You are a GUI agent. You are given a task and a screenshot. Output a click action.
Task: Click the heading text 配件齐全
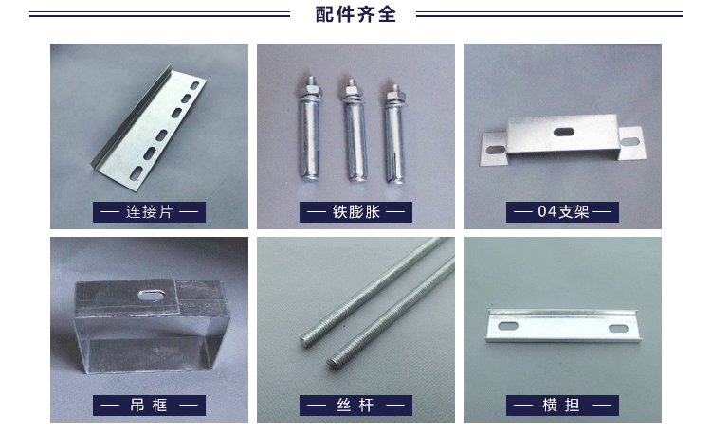pyautogui.click(x=355, y=14)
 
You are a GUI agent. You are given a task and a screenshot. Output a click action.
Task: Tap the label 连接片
pyautogui.click(x=149, y=211)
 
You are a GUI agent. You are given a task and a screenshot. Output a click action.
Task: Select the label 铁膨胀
pyautogui.click(x=355, y=211)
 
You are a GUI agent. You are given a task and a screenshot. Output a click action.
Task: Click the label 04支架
pyautogui.click(x=563, y=211)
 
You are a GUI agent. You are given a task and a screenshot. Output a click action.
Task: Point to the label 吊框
pyautogui.click(x=149, y=405)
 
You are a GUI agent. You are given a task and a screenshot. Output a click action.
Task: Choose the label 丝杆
pyautogui.click(x=355, y=405)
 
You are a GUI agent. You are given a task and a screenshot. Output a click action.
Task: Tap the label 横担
pyautogui.click(x=562, y=405)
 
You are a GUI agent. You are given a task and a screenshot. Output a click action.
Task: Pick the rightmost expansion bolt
pyautogui.click(x=394, y=134)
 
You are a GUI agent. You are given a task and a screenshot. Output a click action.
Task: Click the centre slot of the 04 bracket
pyautogui.click(x=564, y=132)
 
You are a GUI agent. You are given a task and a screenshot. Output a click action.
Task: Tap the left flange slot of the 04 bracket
pyautogui.click(x=495, y=149)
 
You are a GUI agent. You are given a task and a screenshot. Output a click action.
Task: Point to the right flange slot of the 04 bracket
pyautogui.click(x=629, y=142)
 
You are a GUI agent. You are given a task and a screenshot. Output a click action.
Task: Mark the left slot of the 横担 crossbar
pyautogui.click(x=508, y=326)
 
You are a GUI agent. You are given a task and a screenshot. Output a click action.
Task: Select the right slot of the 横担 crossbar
pyautogui.click(x=618, y=328)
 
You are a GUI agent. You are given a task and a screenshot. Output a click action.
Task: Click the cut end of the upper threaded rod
pyautogui.click(x=307, y=340)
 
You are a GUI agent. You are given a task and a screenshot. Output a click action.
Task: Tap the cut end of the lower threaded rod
pyautogui.click(x=335, y=362)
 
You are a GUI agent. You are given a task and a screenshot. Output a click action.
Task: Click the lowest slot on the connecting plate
pyautogui.click(x=136, y=172)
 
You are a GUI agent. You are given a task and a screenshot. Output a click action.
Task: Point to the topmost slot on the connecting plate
pyautogui.click(x=194, y=85)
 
